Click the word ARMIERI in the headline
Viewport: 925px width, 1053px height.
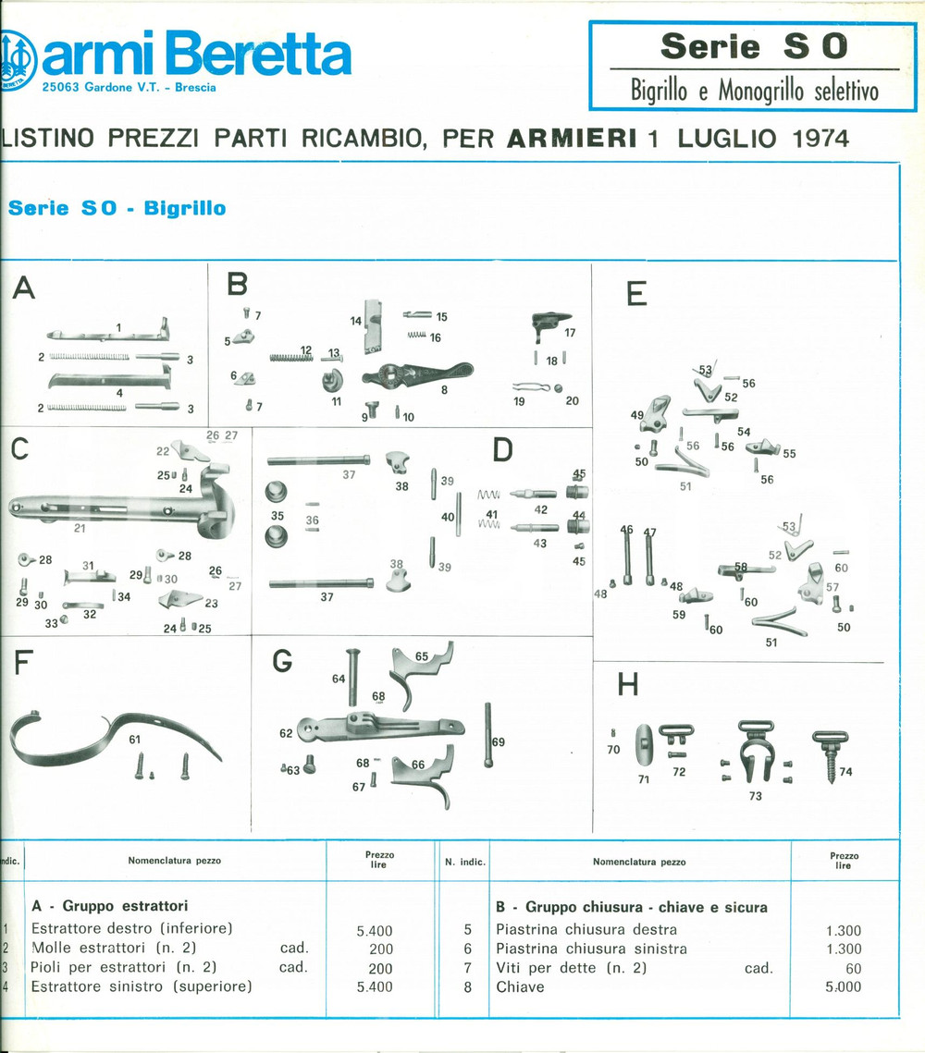pos(572,139)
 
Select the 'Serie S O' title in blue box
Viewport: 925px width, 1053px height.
pos(753,46)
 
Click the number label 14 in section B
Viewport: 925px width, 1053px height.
pos(355,321)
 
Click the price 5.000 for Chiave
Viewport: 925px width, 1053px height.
pos(843,986)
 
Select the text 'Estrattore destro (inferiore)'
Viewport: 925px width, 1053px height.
pos(131,928)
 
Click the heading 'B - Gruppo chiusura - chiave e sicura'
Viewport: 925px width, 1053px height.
pos(632,907)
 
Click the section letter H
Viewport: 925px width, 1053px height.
pos(627,685)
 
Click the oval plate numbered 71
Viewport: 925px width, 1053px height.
pos(644,745)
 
